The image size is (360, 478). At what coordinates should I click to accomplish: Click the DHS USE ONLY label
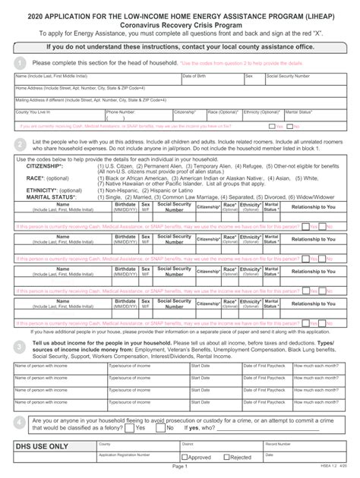tap(47, 448)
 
